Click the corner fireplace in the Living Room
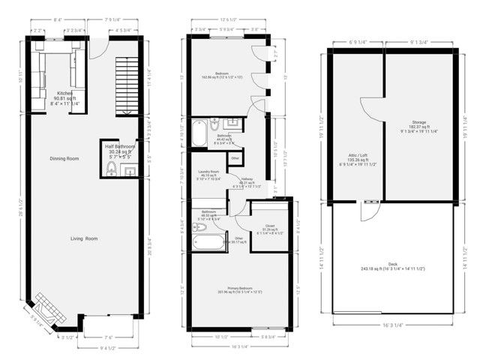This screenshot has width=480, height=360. click(x=43, y=314)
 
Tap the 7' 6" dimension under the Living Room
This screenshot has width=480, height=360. click(x=108, y=337)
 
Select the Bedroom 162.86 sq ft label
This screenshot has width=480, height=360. click(x=222, y=73)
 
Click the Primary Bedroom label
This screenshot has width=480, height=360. click(x=238, y=290)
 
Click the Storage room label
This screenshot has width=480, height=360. click(x=418, y=125)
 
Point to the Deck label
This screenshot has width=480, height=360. click(x=393, y=264)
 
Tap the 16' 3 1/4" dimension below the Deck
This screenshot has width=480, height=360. click(x=393, y=326)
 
